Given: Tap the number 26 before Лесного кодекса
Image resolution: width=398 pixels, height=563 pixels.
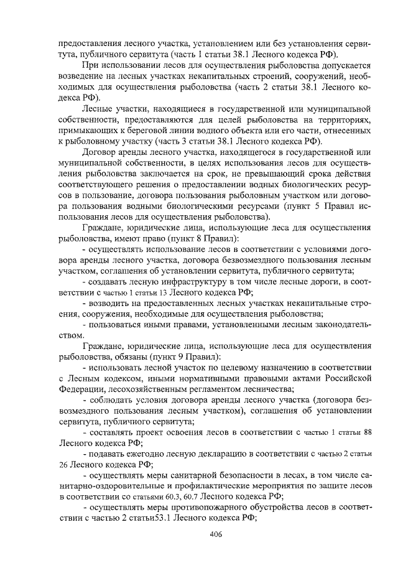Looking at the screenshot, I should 65,463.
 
